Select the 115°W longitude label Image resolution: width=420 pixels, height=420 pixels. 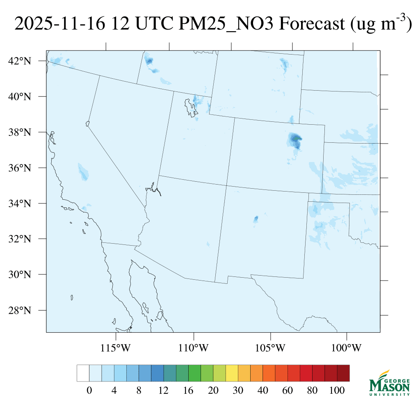coord(116,349)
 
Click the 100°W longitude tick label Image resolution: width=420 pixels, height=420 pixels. coord(347,349)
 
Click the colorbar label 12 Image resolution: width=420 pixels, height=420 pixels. coord(164,391)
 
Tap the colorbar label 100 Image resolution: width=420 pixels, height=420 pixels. coord(337,391)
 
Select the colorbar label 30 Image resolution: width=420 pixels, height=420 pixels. coord(238,391)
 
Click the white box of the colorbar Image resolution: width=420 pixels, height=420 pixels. coord(83,373)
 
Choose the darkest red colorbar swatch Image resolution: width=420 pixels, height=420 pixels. coord(343,373)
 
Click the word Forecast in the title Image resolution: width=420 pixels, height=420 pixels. coord(311,25)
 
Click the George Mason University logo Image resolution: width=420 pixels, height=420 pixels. coord(389,383)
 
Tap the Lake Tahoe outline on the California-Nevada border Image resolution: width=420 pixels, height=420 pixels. coord(87,123)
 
